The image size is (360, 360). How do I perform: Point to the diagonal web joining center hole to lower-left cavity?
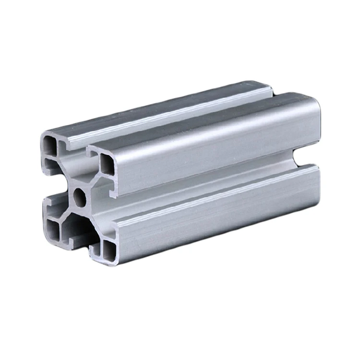point(65,211)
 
